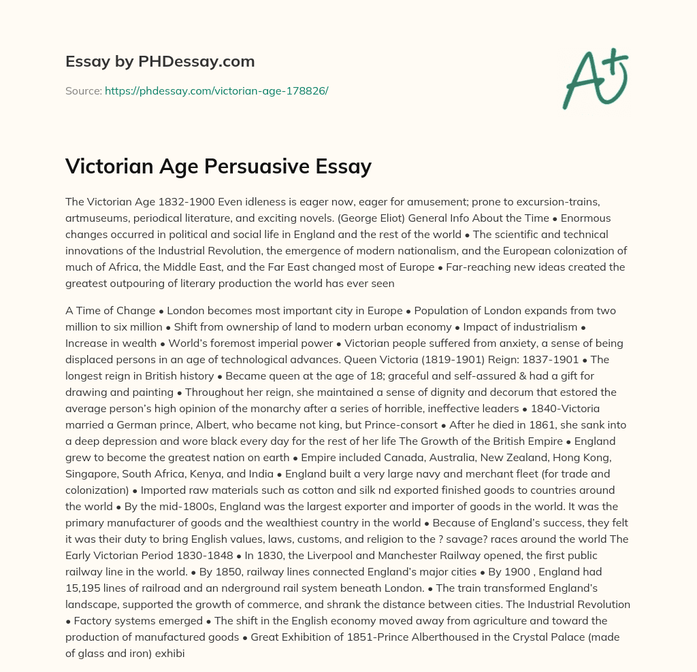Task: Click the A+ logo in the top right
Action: pyautogui.click(x=594, y=79)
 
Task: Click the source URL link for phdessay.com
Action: pyautogui.click(x=216, y=90)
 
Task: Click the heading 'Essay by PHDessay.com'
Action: pyautogui.click(x=160, y=62)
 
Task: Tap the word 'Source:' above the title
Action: pyautogui.click(x=83, y=90)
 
